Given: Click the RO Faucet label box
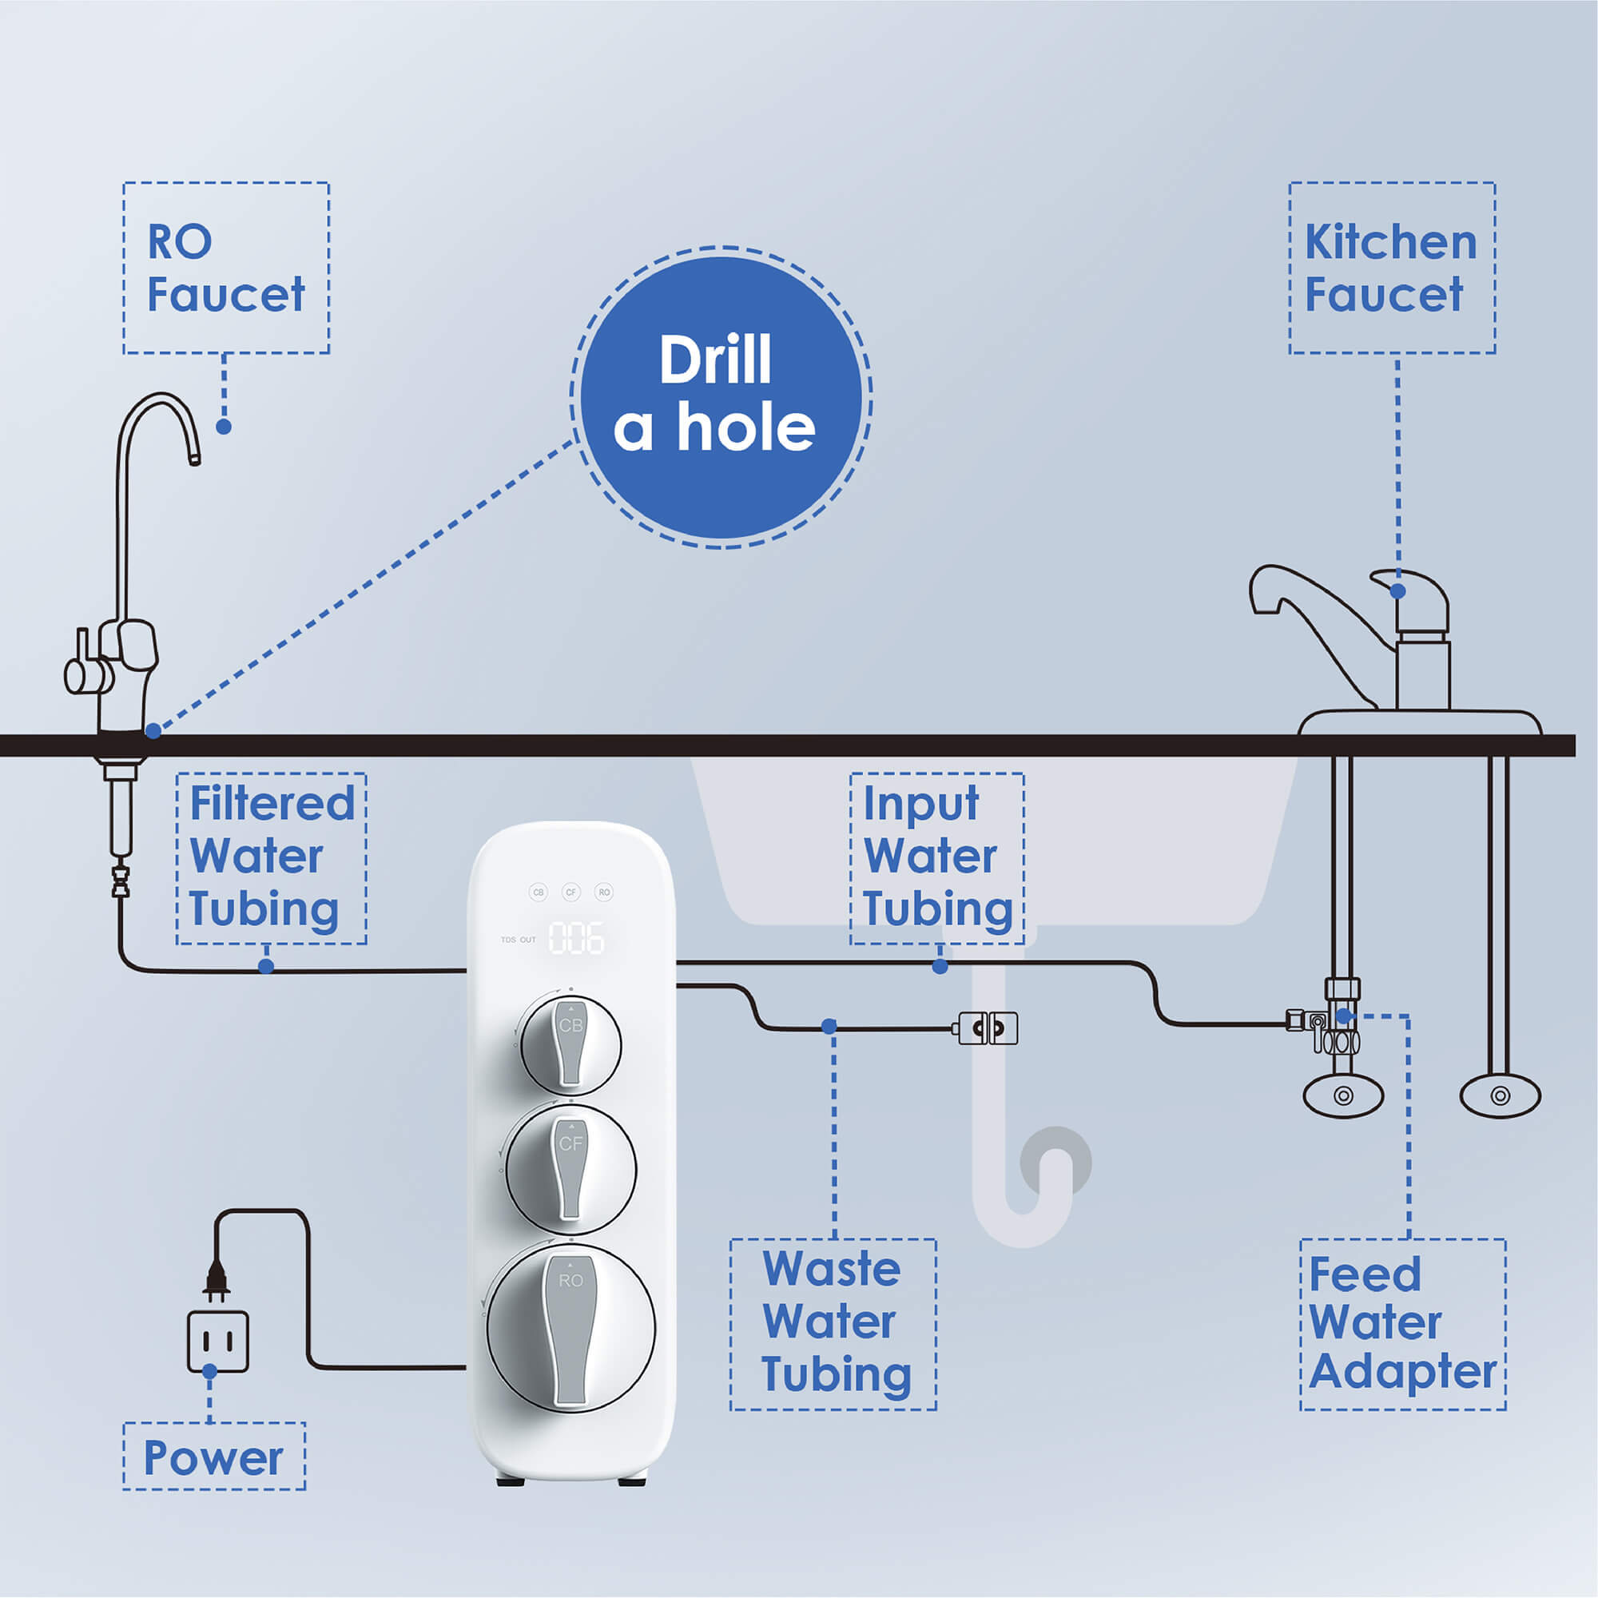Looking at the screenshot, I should tap(226, 268).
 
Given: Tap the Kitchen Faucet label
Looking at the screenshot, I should tap(1391, 268).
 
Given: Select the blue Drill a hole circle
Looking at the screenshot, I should tap(721, 397).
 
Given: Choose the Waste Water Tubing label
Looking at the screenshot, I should tap(833, 1323).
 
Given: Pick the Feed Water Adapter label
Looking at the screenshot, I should tap(1403, 1323).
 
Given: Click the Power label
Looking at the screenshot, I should tap(214, 1457).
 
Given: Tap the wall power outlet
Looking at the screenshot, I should tap(217, 1341).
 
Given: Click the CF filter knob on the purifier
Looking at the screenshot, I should tap(570, 1167).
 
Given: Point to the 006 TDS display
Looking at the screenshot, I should tap(577, 939).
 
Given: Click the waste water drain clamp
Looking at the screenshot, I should tap(988, 1028).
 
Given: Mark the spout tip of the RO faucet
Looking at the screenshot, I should tap(194, 457).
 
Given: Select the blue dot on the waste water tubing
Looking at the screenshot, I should tap(829, 1027).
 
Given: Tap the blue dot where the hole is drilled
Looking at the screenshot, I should tap(153, 731).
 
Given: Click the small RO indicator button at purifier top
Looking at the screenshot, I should tap(604, 892).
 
